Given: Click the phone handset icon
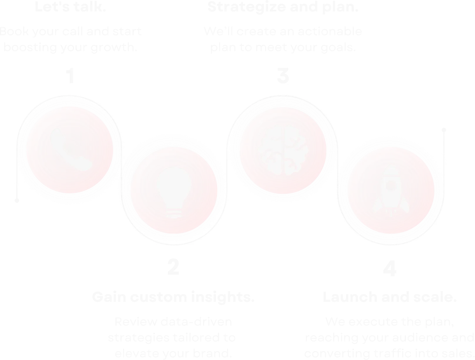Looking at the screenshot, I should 71,150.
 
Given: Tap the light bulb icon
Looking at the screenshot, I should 174,191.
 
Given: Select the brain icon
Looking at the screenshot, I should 283,150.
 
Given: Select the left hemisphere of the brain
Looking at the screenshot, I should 271,150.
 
